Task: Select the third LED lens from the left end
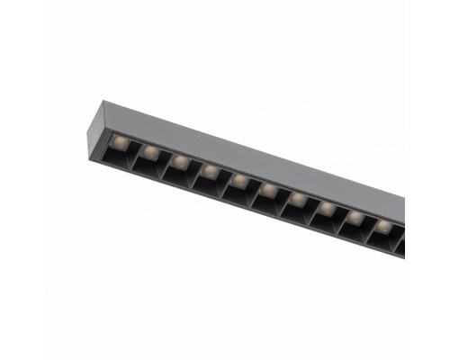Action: pos(181,159)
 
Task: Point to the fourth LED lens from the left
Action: pos(210,168)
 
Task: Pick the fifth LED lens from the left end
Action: pos(239,178)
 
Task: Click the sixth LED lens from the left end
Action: pos(268,188)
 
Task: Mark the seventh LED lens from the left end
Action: pos(297,197)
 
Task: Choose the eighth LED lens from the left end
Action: pos(326,207)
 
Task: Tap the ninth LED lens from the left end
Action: pos(355,216)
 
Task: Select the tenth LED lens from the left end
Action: pos(383,225)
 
